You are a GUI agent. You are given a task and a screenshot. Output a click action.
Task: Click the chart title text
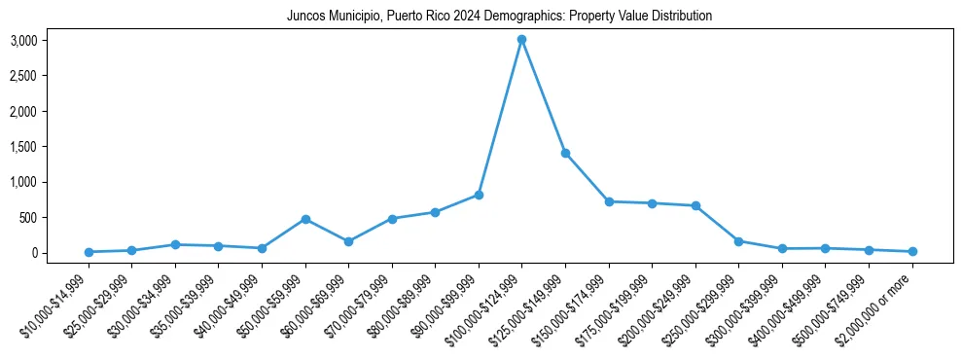point(499,17)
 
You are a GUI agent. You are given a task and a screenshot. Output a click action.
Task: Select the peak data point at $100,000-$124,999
point(522,40)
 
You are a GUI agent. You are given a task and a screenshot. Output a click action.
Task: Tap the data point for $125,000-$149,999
point(565,154)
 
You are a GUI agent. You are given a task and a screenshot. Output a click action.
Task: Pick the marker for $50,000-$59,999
point(305,219)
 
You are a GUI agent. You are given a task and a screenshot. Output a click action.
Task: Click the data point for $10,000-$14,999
point(89,252)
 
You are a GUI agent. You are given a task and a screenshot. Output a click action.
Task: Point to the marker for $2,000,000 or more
point(912,252)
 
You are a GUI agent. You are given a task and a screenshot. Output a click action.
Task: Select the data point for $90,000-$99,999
point(479,195)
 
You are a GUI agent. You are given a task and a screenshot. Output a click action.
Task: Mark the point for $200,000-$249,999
point(695,205)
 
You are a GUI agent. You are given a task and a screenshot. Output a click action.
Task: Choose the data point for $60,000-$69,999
point(348,241)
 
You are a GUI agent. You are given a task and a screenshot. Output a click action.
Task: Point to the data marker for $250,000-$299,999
point(739,241)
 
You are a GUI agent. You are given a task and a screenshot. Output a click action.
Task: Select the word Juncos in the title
point(304,17)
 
